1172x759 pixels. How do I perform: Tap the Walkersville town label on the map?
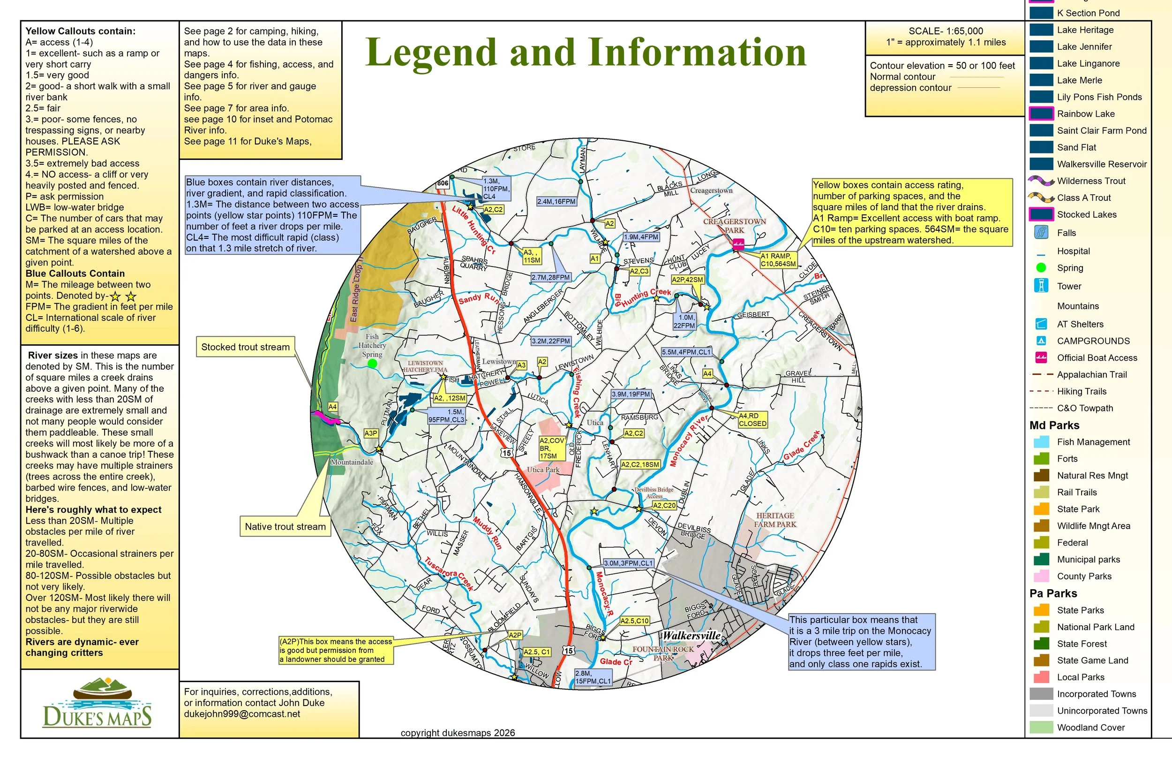pyautogui.click(x=691, y=636)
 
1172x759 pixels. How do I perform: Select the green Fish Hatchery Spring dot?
pyautogui.click(x=372, y=364)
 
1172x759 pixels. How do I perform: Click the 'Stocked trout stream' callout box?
pyautogui.click(x=245, y=347)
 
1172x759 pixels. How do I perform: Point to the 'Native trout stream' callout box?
pyautogui.click(x=285, y=526)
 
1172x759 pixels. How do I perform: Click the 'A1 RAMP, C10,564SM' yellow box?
pyautogui.click(x=778, y=260)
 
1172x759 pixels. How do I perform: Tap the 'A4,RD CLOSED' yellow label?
pyautogui.click(x=752, y=419)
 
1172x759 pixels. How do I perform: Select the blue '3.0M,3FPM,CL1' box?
pyautogui.click(x=628, y=563)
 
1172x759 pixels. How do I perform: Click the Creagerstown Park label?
pyautogui.click(x=734, y=226)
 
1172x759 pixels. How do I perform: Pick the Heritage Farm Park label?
pyautogui.click(x=774, y=519)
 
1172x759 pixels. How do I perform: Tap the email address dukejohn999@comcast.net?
pyautogui.click(x=242, y=713)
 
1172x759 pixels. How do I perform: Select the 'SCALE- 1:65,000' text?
pyautogui.click(x=946, y=31)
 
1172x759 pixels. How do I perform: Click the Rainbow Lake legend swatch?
pyautogui.click(x=1041, y=114)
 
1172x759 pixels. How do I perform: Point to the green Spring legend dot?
pyautogui.click(x=1041, y=268)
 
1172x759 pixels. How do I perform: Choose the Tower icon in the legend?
pyautogui.click(x=1041, y=286)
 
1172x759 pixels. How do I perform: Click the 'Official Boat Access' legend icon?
pyautogui.click(x=1041, y=357)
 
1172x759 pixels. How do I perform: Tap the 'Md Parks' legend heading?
pyautogui.click(x=1054, y=425)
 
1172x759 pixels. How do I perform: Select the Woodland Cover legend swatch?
pyautogui.click(x=1041, y=728)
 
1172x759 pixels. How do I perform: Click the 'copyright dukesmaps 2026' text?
pyautogui.click(x=458, y=733)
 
